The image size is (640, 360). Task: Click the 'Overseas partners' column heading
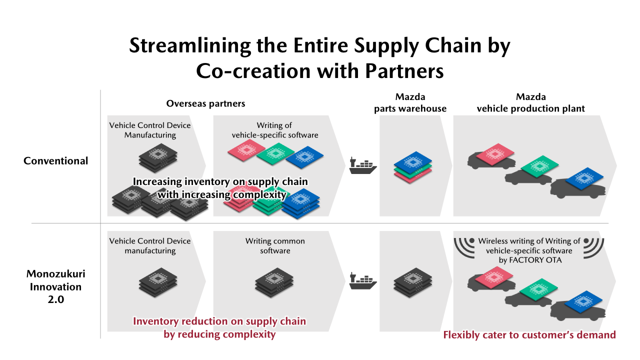tap(205, 103)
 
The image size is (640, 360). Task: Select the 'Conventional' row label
tap(55, 161)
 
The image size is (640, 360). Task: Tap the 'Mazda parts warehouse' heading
tap(410, 102)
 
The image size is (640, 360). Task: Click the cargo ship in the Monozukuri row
tap(363, 281)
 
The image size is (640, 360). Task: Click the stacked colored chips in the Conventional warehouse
tap(413, 167)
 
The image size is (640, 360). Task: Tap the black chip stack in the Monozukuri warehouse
tap(413, 282)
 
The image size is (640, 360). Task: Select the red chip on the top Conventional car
tap(495, 154)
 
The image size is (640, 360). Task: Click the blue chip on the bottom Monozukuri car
tap(583, 301)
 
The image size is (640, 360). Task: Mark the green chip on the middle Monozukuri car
tap(538, 289)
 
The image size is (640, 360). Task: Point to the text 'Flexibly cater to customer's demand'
tap(529, 335)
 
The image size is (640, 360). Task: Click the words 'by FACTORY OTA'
tap(530, 260)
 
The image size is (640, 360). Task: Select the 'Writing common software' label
tap(275, 245)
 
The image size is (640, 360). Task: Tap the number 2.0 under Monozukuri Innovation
tap(55, 299)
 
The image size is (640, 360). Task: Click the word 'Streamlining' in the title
tap(189, 45)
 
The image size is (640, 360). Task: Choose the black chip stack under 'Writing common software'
tap(274, 282)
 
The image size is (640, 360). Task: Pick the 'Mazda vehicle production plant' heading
tap(531, 102)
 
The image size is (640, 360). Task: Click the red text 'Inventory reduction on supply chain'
tap(219, 321)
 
